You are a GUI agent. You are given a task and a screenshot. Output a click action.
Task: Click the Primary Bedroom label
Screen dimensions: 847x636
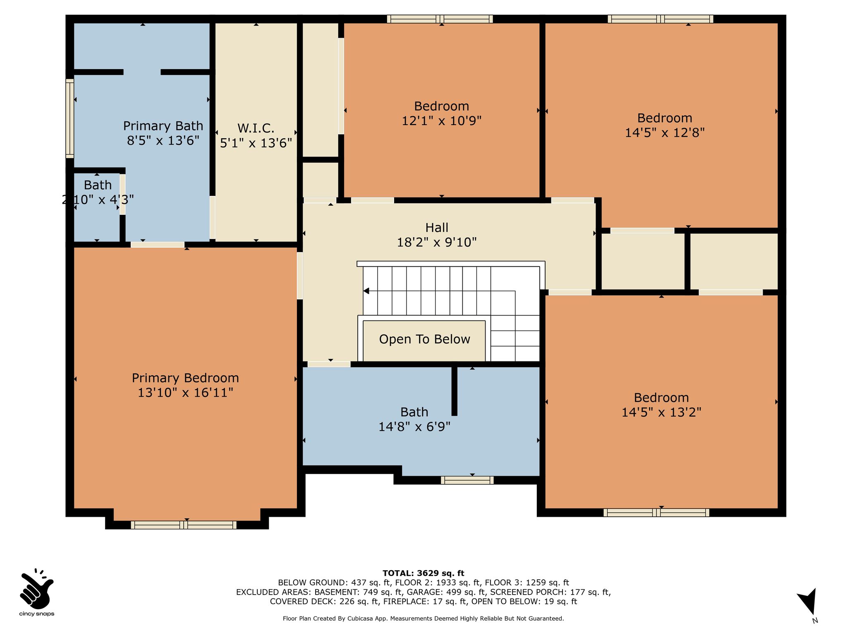pos(185,378)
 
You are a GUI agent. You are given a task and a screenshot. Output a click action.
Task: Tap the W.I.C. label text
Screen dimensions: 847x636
pos(256,128)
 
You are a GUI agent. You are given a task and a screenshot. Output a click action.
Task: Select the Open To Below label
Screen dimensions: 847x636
pos(425,340)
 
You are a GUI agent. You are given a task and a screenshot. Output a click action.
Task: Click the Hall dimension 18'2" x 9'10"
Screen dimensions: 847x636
pos(437,242)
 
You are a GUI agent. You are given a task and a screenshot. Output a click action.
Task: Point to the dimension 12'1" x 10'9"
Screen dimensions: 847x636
pos(442,121)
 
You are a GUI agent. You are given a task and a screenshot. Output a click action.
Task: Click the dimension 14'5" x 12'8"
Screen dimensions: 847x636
pos(665,132)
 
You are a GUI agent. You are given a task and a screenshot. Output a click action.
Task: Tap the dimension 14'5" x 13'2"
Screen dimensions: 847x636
pos(661,412)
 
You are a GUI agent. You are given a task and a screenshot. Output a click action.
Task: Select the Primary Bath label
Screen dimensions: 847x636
pos(163,126)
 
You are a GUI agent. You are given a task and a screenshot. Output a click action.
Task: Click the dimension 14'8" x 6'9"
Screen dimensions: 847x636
pos(414,426)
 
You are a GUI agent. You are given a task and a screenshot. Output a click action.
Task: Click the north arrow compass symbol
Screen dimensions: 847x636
pos(808,603)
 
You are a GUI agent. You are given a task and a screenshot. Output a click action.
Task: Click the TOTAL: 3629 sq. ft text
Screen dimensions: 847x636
pos(423,573)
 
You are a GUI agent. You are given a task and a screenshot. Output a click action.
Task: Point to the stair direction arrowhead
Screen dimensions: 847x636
pos(366,291)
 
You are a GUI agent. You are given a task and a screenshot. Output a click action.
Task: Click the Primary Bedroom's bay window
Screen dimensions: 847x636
pos(184,525)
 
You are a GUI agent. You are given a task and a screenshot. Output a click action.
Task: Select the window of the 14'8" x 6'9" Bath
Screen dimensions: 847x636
pos(467,480)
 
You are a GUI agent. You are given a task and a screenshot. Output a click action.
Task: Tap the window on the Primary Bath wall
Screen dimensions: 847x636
pos(70,118)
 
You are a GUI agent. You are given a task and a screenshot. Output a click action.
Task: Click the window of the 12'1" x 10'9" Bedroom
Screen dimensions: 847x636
pos(440,19)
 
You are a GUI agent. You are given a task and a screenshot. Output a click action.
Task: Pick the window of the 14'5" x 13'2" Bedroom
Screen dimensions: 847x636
pos(656,513)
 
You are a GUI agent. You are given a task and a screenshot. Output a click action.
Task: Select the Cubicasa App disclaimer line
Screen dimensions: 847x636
pos(423,619)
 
